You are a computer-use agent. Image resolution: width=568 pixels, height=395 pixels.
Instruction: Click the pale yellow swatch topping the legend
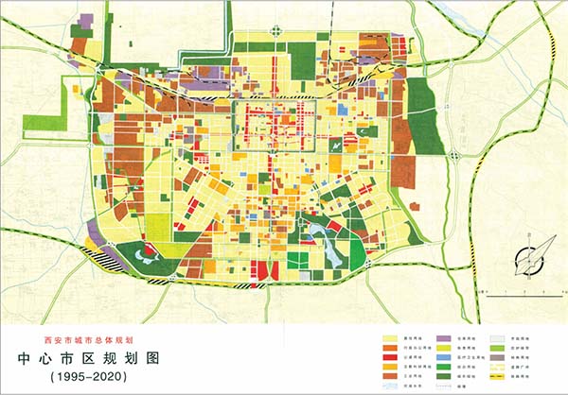click(x=391, y=337)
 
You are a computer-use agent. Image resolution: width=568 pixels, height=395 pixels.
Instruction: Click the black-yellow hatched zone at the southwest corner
click(x=105, y=255)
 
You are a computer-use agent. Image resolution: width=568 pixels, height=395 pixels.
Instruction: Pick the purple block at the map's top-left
click(x=86, y=20)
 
